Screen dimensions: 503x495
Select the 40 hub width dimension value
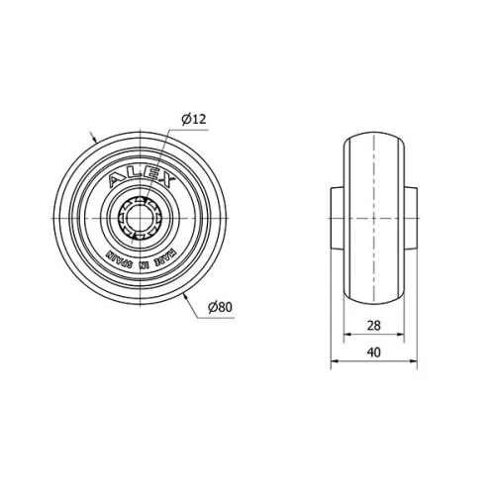(373, 352)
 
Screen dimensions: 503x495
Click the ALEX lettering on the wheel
(142, 179)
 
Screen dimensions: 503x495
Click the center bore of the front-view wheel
(143, 218)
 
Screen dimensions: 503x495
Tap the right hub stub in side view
(411, 218)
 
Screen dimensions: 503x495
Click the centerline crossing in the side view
(373, 218)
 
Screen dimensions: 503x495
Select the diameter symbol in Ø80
(211, 308)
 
